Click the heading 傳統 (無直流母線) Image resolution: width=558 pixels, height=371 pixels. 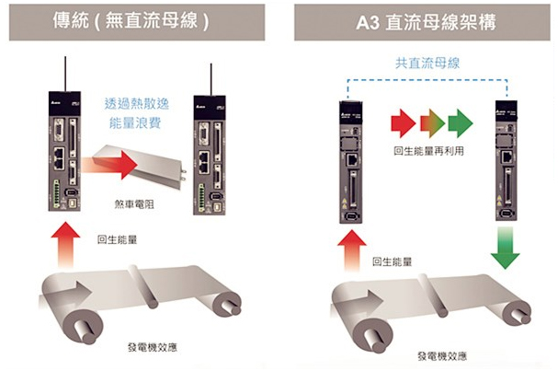138,20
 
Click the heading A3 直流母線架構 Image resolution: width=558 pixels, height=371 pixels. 426,20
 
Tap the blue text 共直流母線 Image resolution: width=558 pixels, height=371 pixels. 426,63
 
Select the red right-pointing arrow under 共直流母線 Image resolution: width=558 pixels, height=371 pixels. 403,122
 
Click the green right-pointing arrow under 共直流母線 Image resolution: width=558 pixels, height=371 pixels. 459,122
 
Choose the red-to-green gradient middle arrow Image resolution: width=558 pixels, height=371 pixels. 431,122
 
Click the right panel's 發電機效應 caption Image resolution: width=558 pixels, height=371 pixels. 441,355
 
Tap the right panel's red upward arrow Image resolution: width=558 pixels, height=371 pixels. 353,249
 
